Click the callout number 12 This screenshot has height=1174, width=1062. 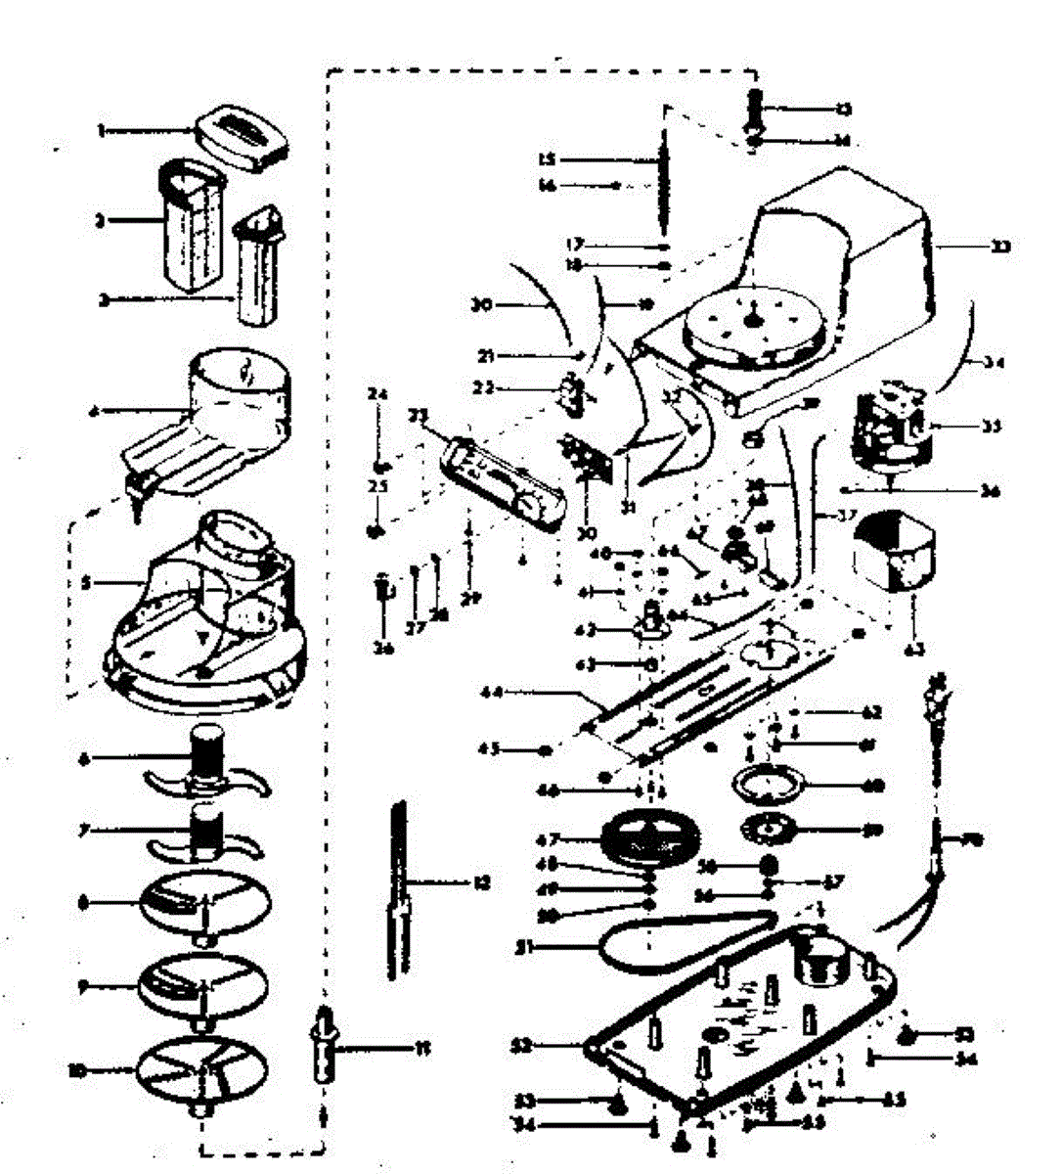click(x=480, y=882)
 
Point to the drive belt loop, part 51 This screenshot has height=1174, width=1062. click(x=685, y=934)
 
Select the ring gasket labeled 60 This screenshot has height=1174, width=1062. click(x=768, y=785)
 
